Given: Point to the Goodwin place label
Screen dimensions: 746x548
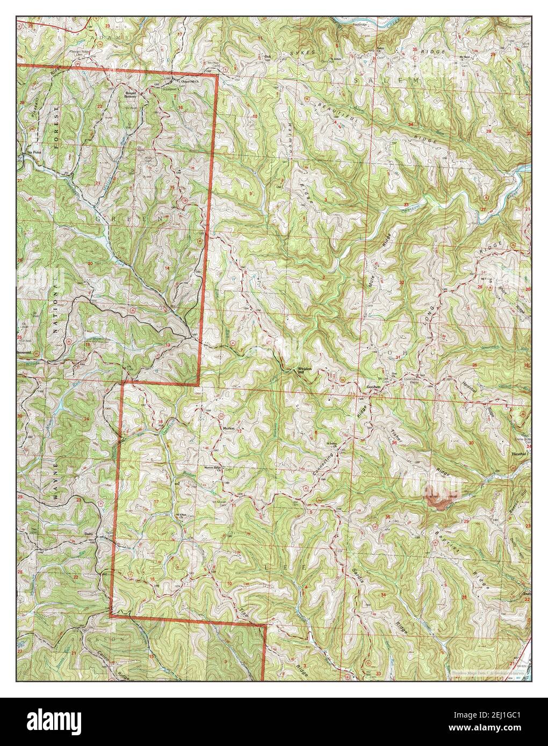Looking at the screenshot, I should coord(373,387).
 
